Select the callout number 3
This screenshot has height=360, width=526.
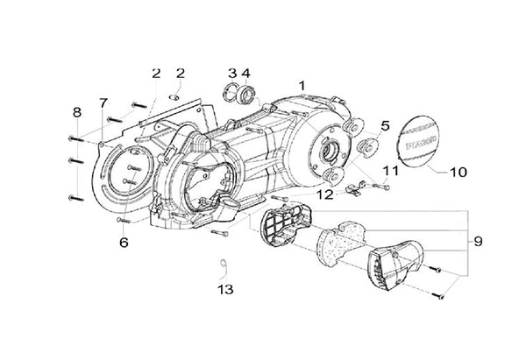(x=231, y=73)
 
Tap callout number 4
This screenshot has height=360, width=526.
(x=246, y=73)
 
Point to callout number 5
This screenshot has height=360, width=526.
(x=360, y=126)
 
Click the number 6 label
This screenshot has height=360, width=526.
(x=124, y=242)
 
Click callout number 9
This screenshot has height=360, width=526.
(x=478, y=240)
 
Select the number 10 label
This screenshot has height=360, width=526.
(x=458, y=173)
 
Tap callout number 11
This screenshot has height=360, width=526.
(x=389, y=169)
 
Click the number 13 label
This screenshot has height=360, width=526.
(x=225, y=288)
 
